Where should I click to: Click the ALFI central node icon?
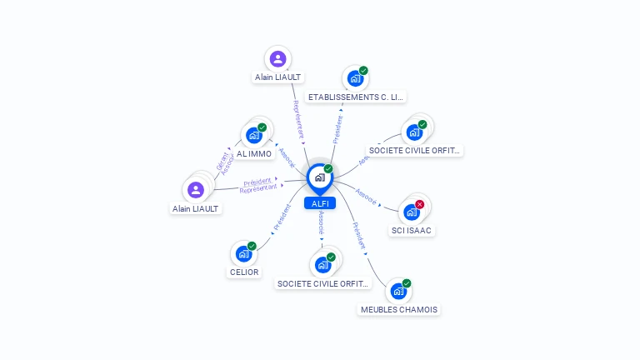pos(318,177)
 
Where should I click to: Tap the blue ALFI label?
pos(319,203)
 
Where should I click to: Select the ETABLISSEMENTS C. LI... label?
pos(356,97)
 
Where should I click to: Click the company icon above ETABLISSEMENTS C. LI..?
pos(355,79)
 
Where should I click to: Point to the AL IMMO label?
pos(253,154)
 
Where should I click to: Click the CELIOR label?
pos(243,272)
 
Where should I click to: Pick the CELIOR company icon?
pos(243,253)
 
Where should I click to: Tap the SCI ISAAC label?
pos(412,230)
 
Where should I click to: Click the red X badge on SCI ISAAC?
pos(420,204)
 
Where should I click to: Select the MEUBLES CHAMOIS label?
pos(398,309)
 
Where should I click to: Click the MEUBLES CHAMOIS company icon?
pos(398,292)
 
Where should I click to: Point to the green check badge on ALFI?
pos(328,169)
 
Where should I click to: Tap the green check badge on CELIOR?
pos(252,246)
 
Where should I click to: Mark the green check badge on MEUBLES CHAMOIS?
pos(407,283)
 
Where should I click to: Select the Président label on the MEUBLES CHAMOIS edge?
pos(358,235)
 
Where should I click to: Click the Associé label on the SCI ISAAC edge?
pos(366,197)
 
